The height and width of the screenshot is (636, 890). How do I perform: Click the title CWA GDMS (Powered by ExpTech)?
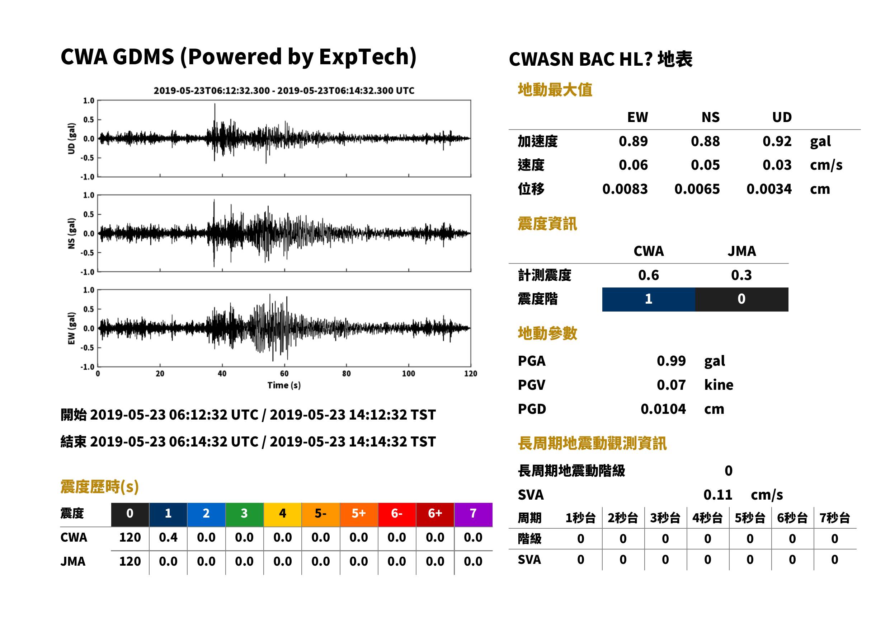coord(238,57)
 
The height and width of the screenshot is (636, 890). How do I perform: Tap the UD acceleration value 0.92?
coord(777,141)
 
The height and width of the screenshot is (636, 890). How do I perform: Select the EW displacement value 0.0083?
coord(625,189)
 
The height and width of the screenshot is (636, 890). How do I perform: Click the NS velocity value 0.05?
coord(705,165)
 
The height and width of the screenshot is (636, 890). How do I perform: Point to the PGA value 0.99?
coord(671,361)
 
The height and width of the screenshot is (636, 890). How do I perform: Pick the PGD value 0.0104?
coord(663,409)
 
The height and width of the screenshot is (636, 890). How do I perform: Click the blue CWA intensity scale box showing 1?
coord(649,299)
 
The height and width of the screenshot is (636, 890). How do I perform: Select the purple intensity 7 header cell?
coord(473,514)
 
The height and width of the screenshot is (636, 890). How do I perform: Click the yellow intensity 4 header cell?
coord(283,514)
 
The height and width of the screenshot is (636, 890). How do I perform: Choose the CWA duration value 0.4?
coord(168,537)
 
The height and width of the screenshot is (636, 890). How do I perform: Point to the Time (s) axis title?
coord(284,385)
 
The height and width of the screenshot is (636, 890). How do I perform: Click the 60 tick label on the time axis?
coord(284,374)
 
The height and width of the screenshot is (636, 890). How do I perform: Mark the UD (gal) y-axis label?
coord(71,139)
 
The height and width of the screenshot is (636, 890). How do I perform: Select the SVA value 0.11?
coord(718,495)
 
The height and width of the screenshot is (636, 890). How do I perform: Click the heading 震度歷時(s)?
coord(100,487)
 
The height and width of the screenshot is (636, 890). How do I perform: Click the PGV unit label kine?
coord(719,385)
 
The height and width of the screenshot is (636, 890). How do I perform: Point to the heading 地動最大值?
coord(555,90)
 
